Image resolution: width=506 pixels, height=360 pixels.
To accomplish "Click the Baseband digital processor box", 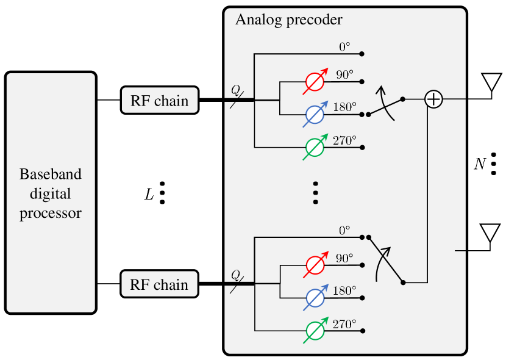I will pos(51,193).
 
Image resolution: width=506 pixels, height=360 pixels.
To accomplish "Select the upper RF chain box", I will pos(160,100).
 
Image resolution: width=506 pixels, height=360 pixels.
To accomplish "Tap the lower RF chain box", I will pos(160,284).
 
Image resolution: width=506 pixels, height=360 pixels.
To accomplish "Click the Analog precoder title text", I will pos(288,20).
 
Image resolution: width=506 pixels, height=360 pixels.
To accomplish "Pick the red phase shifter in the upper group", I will pos(314,82).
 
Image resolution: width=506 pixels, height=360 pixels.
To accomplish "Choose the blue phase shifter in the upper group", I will pos(314,114).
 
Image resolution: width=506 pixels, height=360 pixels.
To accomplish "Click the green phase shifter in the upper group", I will pos(314,147).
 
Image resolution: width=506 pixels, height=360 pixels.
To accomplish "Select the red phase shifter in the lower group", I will pos(314,265).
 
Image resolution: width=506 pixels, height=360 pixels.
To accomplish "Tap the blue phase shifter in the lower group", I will pos(314,298).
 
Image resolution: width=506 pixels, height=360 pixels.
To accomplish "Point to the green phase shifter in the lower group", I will pos(314,331).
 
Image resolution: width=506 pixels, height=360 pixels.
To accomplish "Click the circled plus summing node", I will pos(433,99).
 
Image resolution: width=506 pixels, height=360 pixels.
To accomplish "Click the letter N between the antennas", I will pos(480,164).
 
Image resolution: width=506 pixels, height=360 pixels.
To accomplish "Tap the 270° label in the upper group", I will pos(344,140).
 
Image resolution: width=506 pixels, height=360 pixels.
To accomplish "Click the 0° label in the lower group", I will pos(344,230).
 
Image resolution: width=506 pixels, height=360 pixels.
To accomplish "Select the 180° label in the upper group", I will pos(344,107).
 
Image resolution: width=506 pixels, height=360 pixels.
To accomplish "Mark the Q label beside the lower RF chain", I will pos(235,274).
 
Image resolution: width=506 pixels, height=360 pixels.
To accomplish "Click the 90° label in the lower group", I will pos(344,258).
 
